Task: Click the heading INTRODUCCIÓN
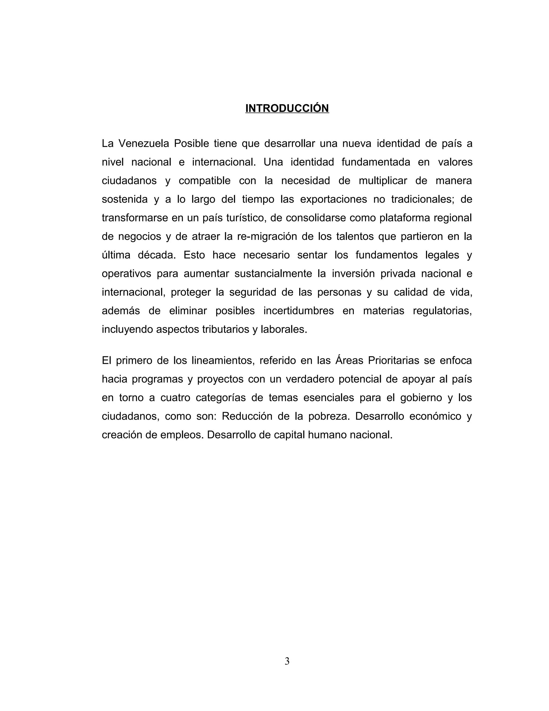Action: click(x=287, y=108)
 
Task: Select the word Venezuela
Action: click(x=143, y=144)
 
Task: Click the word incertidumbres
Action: click(x=299, y=311)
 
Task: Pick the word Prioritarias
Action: click(x=393, y=361)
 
